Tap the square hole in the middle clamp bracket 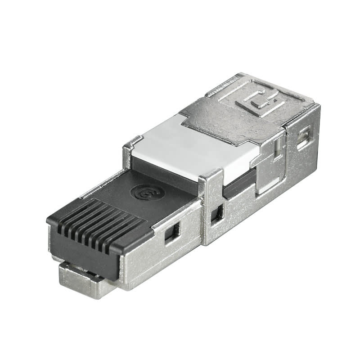[217, 214]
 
